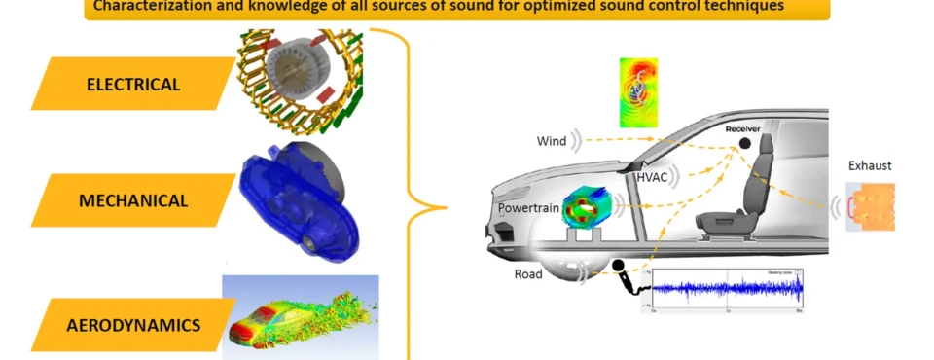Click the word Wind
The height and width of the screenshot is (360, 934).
(551, 142)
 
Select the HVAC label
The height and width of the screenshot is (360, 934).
(652, 177)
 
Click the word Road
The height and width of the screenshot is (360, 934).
(528, 274)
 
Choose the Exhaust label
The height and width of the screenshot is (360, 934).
(870, 166)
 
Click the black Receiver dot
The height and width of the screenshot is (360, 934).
(744, 144)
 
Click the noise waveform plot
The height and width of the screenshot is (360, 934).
(728, 289)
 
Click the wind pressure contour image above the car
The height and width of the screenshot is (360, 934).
(638, 92)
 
